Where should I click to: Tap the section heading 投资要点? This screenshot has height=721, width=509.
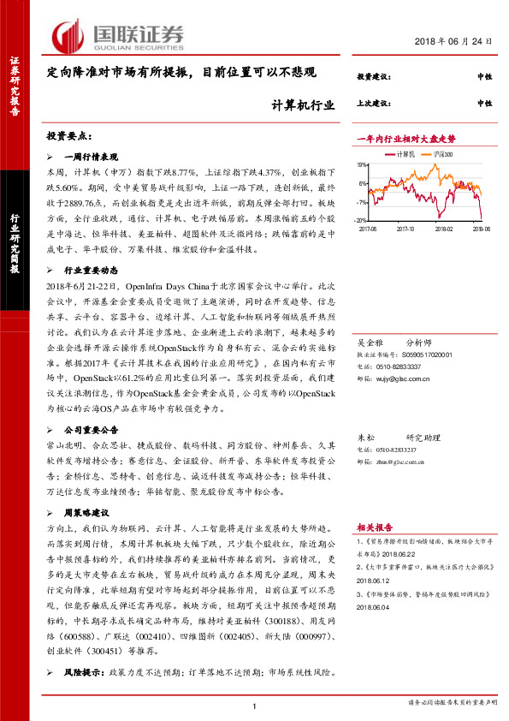[68, 137]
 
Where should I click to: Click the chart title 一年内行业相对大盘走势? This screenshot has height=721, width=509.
[405, 139]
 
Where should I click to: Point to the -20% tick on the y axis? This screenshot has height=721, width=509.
[362, 222]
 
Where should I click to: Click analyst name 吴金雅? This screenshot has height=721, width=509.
[369, 340]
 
